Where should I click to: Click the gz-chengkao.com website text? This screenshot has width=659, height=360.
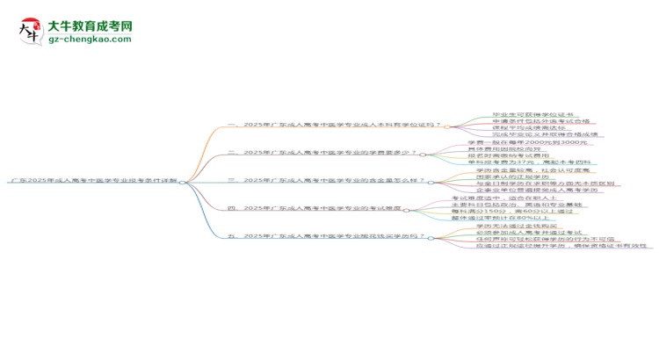click(90, 40)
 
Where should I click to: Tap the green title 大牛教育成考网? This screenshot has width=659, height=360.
click(90, 25)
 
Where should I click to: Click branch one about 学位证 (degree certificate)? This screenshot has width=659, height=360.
click(334, 125)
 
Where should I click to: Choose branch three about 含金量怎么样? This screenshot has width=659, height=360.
click(325, 180)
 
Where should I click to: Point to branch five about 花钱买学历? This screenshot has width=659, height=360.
click(325, 236)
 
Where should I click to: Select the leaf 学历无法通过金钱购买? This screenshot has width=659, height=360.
click(498, 226)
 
